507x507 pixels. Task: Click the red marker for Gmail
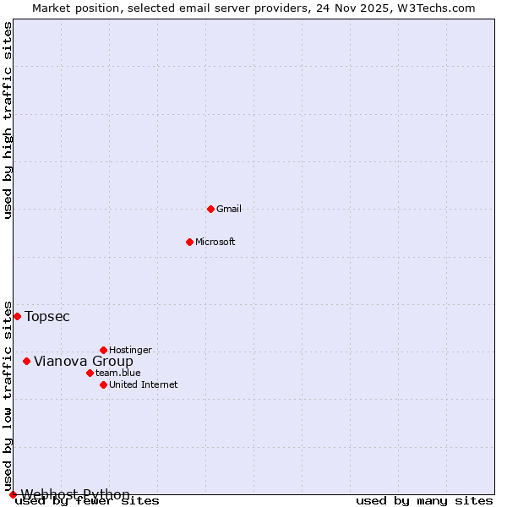(210, 209)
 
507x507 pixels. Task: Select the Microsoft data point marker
(189, 242)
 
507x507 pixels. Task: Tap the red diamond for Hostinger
(103, 350)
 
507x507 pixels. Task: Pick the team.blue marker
(90, 373)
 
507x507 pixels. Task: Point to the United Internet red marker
(103, 384)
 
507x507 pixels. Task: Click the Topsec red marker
(17, 316)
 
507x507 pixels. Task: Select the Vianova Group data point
(26, 361)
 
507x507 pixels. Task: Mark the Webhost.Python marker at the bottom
(13, 494)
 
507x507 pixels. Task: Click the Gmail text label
(229, 209)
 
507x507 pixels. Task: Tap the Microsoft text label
(215, 242)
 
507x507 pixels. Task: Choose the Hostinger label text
(130, 350)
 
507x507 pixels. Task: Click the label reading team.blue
(118, 373)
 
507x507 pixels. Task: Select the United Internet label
(143, 384)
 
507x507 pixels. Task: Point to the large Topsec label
(47, 317)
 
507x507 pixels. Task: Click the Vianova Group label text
(84, 362)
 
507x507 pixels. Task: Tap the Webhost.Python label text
(75, 494)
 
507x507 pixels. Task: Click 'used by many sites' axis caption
(424, 501)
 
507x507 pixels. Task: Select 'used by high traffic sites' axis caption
(8, 120)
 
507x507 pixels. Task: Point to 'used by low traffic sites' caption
(8, 395)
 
